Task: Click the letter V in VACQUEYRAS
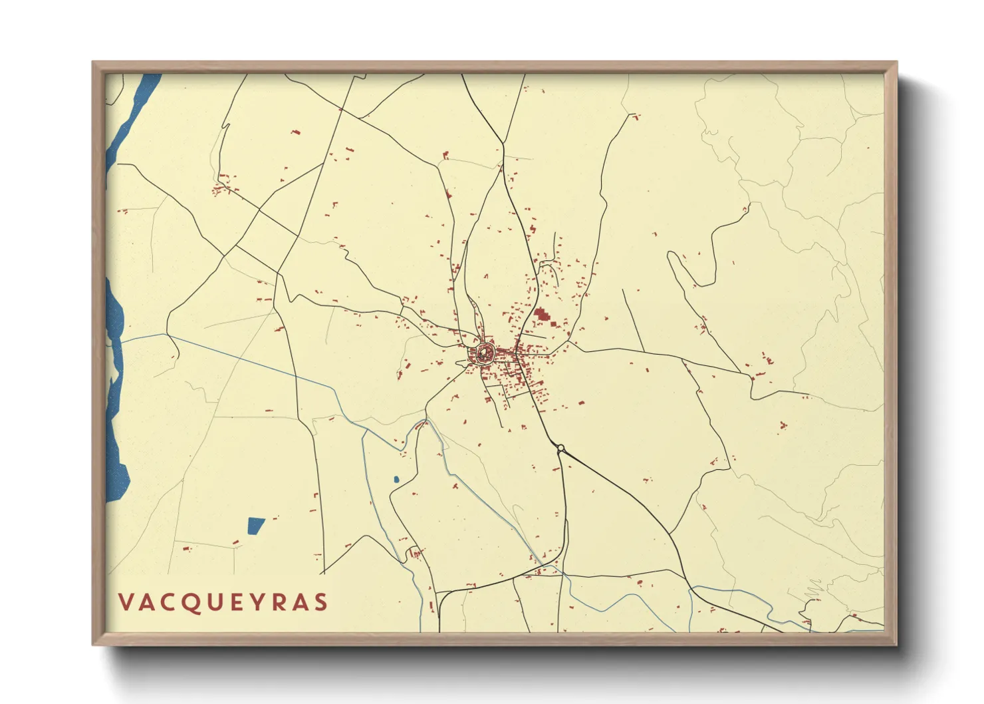coord(126,602)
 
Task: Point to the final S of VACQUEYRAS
coord(321,602)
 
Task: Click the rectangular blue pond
coord(255,526)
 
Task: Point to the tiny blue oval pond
coord(396,479)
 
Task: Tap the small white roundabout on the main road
coord(561,448)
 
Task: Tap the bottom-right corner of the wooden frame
coord(896,643)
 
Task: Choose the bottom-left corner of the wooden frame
coord(94,643)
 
